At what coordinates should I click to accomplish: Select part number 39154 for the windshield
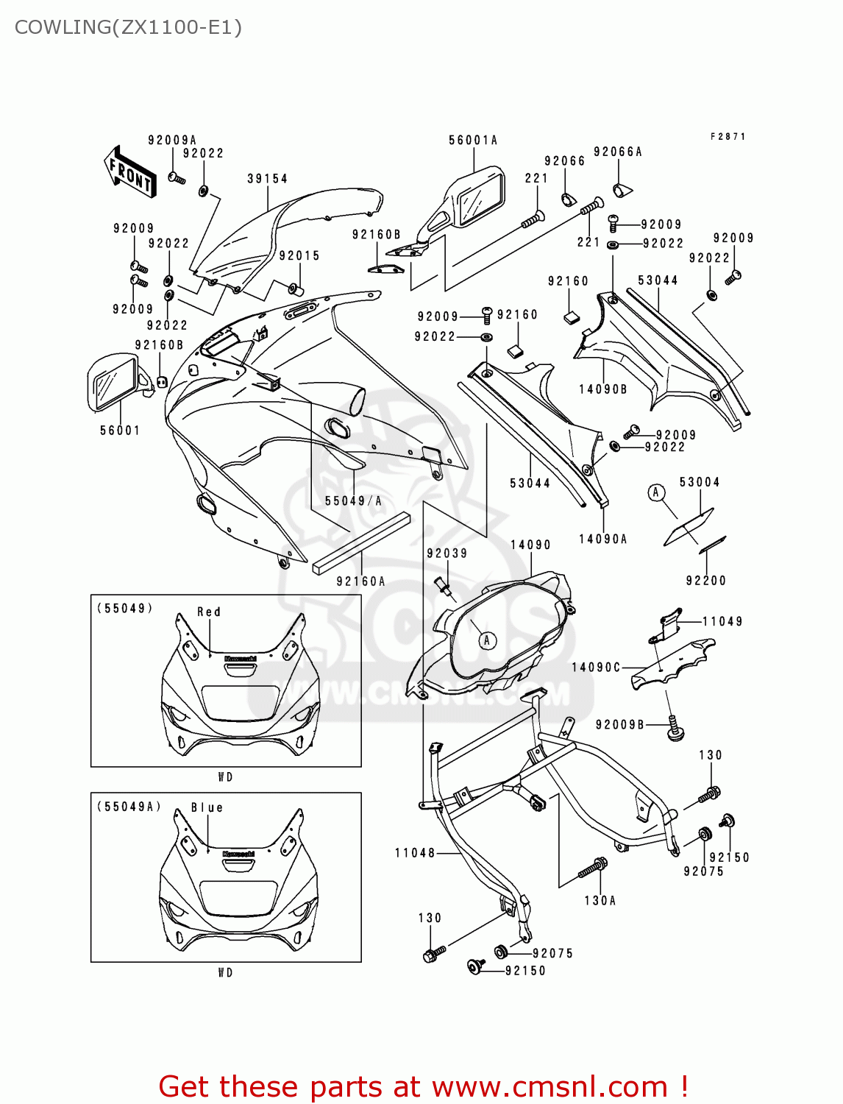(267, 179)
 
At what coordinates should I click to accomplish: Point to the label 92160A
(360, 581)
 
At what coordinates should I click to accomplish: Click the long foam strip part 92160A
(360, 542)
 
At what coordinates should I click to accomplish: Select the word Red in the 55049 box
(208, 612)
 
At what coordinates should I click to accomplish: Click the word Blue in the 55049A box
(207, 807)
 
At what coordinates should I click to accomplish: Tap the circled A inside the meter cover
(486, 640)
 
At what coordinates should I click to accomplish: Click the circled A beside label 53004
(656, 492)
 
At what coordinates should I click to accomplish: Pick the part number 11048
(415, 853)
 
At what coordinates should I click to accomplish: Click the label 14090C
(596, 668)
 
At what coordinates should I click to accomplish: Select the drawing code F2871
(728, 137)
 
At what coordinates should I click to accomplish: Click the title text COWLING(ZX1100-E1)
(128, 27)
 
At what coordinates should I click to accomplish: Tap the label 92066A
(617, 152)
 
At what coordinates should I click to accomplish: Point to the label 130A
(600, 901)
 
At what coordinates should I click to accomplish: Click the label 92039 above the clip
(447, 553)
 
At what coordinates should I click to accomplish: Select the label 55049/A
(353, 501)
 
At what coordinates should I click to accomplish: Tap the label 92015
(299, 256)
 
